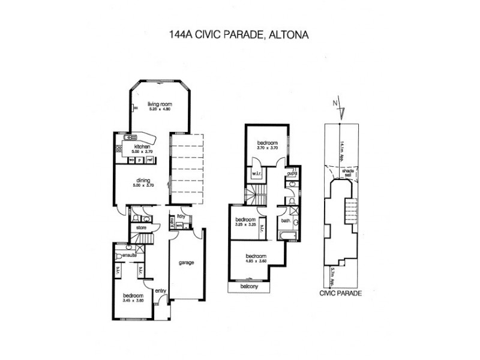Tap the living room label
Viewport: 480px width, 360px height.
click(x=160, y=104)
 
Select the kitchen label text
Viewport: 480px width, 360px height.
click(x=142, y=146)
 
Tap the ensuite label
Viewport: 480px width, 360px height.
click(x=130, y=256)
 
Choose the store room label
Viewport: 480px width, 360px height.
click(x=142, y=228)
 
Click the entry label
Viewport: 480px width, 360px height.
click(x=160, y=292)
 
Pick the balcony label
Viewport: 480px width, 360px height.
click(x=249, y=286)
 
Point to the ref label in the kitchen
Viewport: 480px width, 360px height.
click(x=149, y=160)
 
